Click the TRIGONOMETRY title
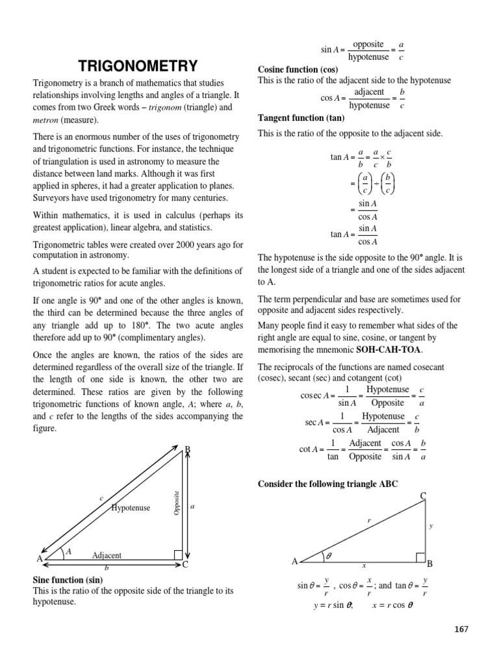point(138,66)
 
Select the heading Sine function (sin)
point(68,579)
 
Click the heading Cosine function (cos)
point(298,69)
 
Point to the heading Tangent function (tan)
point(301,118)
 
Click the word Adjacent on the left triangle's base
point(107,556)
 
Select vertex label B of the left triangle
point(188,449)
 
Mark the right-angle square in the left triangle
point(178,554)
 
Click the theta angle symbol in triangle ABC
point(328,556)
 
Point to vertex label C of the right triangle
point(422,497)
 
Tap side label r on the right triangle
point(368,521)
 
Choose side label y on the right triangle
point(431,526)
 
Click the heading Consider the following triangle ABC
point(328,484)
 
